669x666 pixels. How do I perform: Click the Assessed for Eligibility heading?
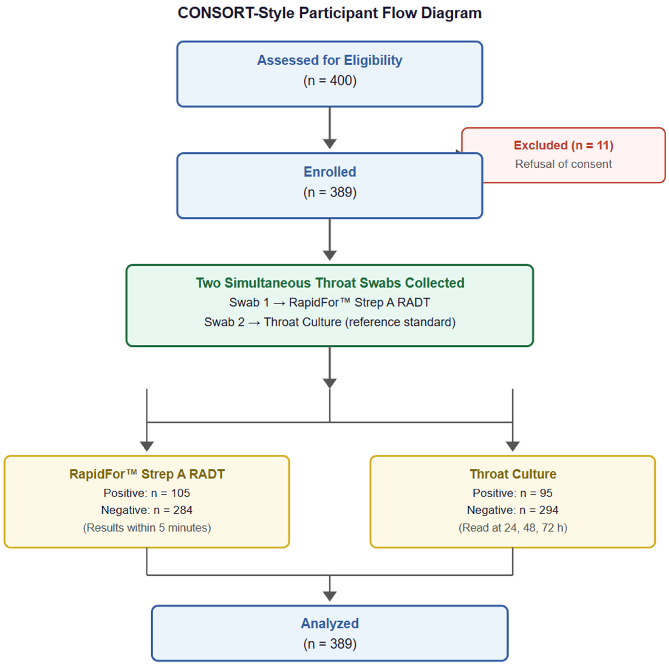click(x=330, y=60)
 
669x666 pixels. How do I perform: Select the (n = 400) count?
click(x=330, y=81)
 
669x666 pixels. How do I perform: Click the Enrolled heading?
click(x=330, y=172)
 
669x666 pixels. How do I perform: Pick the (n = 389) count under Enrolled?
click(x=330, y=192)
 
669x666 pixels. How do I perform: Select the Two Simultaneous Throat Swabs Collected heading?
click(x=330, y=283)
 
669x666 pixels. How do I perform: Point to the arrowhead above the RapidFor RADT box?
click(x=147, y=446)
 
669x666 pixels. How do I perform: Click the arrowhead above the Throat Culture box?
click(x=512, y=446)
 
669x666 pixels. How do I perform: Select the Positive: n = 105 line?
click(x=147, y=493)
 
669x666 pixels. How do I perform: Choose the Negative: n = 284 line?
click(x=147, y=510)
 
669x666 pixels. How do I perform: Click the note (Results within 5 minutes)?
click(x=147, y=528)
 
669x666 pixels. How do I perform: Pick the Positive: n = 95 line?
click(x=512, y=493)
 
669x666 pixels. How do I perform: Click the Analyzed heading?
click(x=330, y=623)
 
